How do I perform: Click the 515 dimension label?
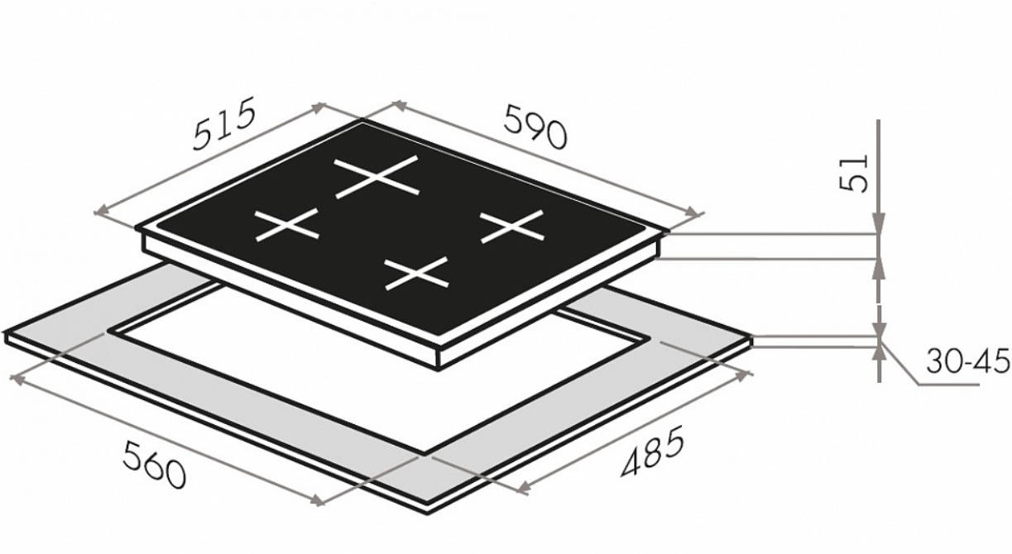pos(223,123)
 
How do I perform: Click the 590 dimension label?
pos(535,127)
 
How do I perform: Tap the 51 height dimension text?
pos(853,174)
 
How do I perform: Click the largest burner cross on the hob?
pos(377,177)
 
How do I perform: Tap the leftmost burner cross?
pos(287,224)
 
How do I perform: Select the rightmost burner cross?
pos(512,227)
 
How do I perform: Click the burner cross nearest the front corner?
pos(416,273)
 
